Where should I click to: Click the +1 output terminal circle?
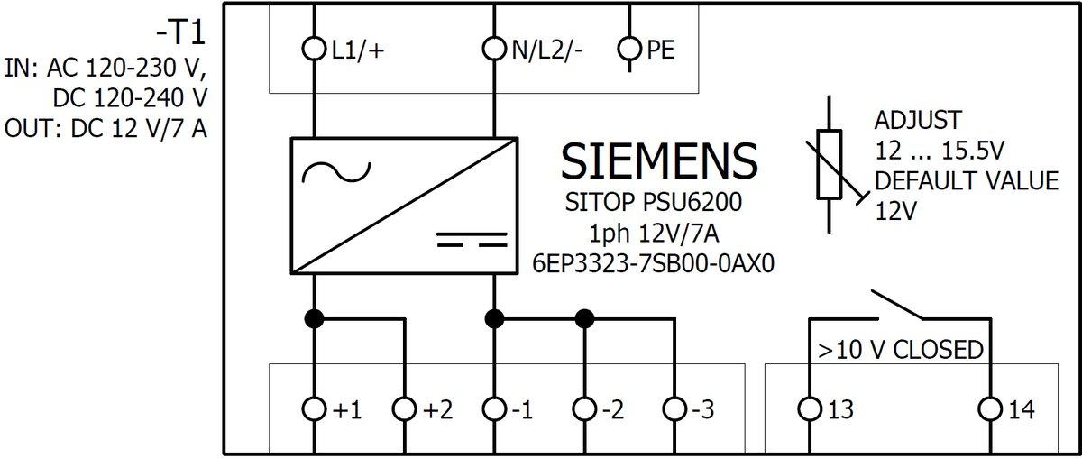pos(314,409)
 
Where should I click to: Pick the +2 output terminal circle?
pos(404,409)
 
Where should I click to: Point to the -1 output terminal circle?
pos(494,409)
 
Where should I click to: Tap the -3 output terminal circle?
pos(674,409)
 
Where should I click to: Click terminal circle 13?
pos(810,409)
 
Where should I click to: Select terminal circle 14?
pos(990,409)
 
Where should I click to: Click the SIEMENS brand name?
pos(659,161)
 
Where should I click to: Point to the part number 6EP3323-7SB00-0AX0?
pos(656,263)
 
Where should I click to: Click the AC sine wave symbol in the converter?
pos(335,171)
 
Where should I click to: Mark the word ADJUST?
pos(919,120)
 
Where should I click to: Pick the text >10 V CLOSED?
pos(899,349)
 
